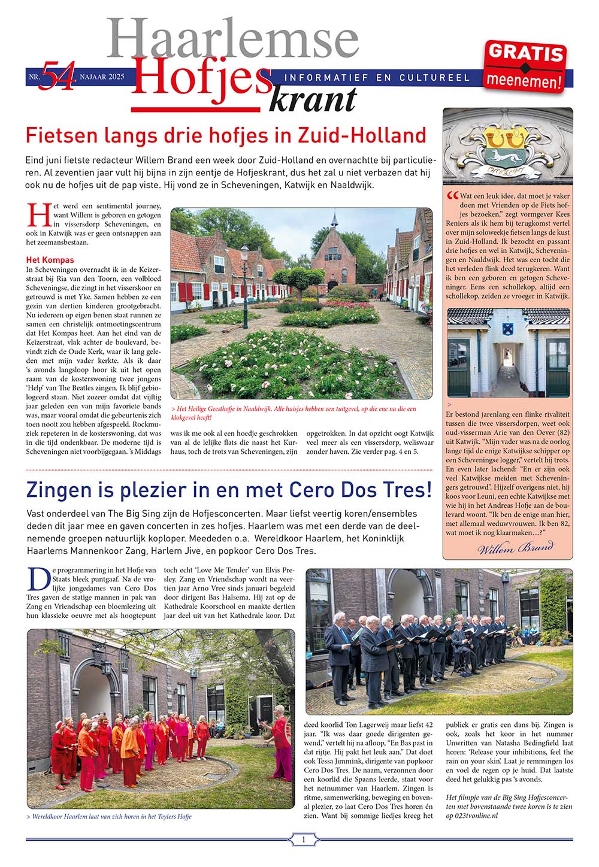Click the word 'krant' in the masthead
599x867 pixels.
tap(313, 99)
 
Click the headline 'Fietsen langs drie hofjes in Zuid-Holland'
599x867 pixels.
tap(226, 135)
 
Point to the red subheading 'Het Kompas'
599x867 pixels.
tap(50, 260)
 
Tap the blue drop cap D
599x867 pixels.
tap(37, 580)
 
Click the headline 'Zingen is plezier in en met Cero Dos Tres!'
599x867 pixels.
tap(229, 490)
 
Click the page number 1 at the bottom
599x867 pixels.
tap(303, 839)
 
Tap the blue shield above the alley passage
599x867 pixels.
tap(508, 328)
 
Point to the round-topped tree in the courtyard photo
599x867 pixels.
tap(299, 277)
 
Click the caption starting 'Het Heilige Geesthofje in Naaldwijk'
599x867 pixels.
tap(293, 413)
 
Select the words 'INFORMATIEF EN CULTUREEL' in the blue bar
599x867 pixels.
tap(377, 78)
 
